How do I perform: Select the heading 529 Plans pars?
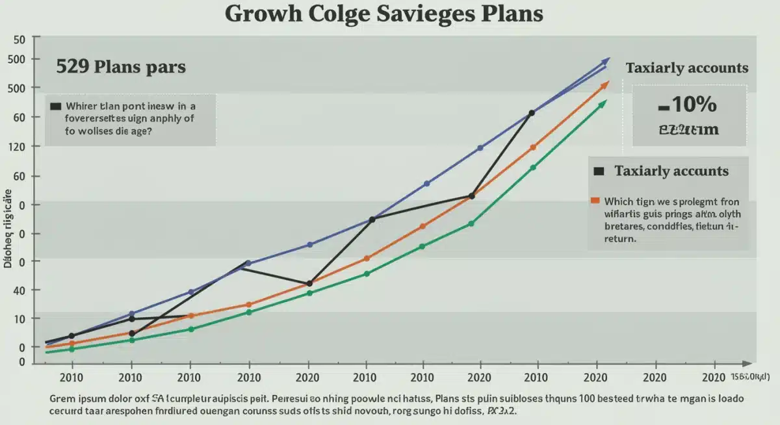121,66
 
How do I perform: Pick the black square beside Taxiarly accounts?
599,171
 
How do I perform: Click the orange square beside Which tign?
594,201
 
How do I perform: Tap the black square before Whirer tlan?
55,105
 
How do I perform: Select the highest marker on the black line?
532,113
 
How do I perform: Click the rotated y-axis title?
8,228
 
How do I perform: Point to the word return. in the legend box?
620,238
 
